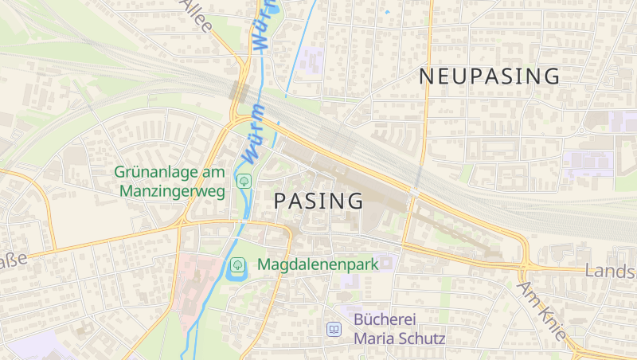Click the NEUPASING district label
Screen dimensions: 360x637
(x=489, y=76)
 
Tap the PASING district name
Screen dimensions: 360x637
(x=318, y=201)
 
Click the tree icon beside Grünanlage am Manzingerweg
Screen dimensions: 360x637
(x=243, y=182)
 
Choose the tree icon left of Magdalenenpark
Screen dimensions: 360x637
(x=237, y=264)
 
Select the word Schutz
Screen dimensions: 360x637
(x=420, y=338)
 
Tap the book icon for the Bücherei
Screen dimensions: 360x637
(x=334, y=329)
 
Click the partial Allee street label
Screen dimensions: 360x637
(x=197, y=15)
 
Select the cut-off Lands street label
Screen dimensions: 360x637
(x=610, y=271)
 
